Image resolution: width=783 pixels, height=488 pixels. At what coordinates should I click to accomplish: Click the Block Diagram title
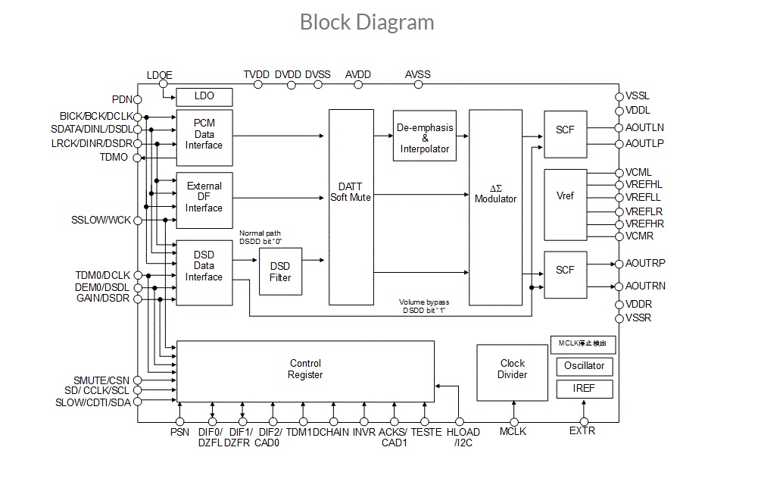[367, 22]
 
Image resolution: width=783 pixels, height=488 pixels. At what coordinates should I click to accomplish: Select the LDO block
[204, 97]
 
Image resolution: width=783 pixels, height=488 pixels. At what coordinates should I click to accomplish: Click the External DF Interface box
[204, 197]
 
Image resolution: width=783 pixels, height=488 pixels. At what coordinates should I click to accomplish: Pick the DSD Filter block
[280, 271]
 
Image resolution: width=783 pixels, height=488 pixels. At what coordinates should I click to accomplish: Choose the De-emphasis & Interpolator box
[425, 139]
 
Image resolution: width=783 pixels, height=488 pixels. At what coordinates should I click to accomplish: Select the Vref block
[565, 196]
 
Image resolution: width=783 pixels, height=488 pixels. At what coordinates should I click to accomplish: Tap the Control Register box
[305, 370]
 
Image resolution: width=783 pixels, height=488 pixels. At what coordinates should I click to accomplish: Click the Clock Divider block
[513, 369]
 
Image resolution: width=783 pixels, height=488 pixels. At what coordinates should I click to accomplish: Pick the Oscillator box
[584, 366]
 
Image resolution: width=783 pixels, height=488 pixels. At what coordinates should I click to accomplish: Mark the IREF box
[584, 389]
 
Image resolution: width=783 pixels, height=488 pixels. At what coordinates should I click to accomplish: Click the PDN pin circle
[138, 99]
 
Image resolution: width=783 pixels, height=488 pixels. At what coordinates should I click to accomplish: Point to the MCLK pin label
[513, 432]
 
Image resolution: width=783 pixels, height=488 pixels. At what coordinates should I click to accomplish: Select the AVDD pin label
[358, 74]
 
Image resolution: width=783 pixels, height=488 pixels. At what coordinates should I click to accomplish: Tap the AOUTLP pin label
[645, 143]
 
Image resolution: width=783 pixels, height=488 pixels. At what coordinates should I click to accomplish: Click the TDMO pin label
[114, 158]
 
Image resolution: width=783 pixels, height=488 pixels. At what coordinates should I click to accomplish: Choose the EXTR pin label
[582, 431]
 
